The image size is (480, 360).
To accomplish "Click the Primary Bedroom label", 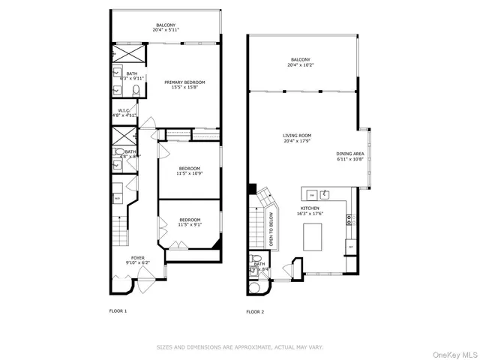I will [184, 82].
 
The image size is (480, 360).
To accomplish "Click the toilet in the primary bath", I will [136, 90].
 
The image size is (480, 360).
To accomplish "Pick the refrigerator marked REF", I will [350, 246].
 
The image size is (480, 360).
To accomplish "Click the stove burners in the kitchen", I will [350, 220].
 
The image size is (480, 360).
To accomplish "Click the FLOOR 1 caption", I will [119, 310].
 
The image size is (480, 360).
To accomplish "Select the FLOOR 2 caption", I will [256, 311].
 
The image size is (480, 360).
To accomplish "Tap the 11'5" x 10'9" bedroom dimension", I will [189, 173].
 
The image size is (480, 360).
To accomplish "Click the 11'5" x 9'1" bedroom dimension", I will [189, 224].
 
